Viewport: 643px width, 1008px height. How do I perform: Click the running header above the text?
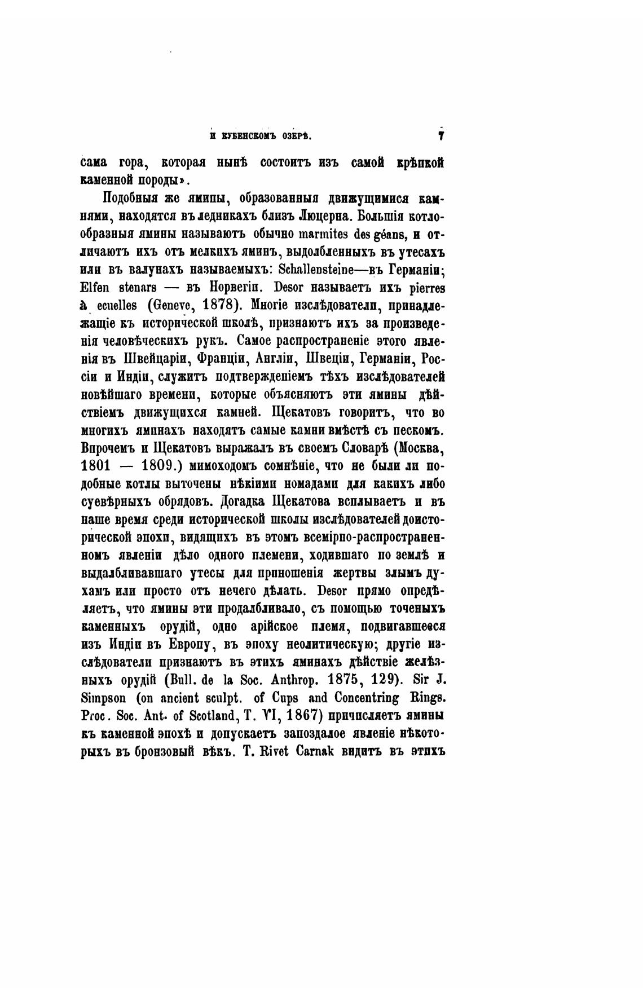[x=261, y=136]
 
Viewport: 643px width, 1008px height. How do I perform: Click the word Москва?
[x=420, y=449]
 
